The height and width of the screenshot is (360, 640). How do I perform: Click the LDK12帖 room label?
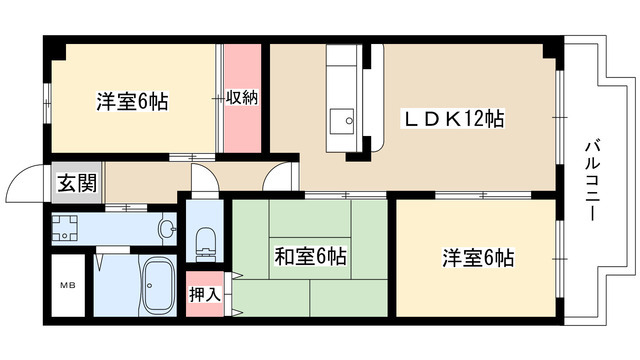[454, 119]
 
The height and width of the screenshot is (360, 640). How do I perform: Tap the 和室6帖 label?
[310, 257]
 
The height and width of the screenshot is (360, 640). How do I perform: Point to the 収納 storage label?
[242, 98]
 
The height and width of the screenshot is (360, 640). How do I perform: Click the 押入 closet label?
[205, 294]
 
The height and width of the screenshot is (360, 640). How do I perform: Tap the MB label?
[68, 285]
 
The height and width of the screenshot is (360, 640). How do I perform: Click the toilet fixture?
[205, 244]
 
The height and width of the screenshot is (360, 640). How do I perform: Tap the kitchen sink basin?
[342, 121]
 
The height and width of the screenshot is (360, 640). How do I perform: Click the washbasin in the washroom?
[167, 229]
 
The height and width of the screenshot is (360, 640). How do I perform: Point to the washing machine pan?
[65, 228]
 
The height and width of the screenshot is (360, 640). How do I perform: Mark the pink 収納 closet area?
[242, 98]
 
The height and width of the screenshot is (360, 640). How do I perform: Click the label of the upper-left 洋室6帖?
[132, 101]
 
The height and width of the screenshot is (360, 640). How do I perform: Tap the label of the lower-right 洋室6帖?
[478, 258]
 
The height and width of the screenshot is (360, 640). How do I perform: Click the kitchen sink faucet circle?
[349, 121]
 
